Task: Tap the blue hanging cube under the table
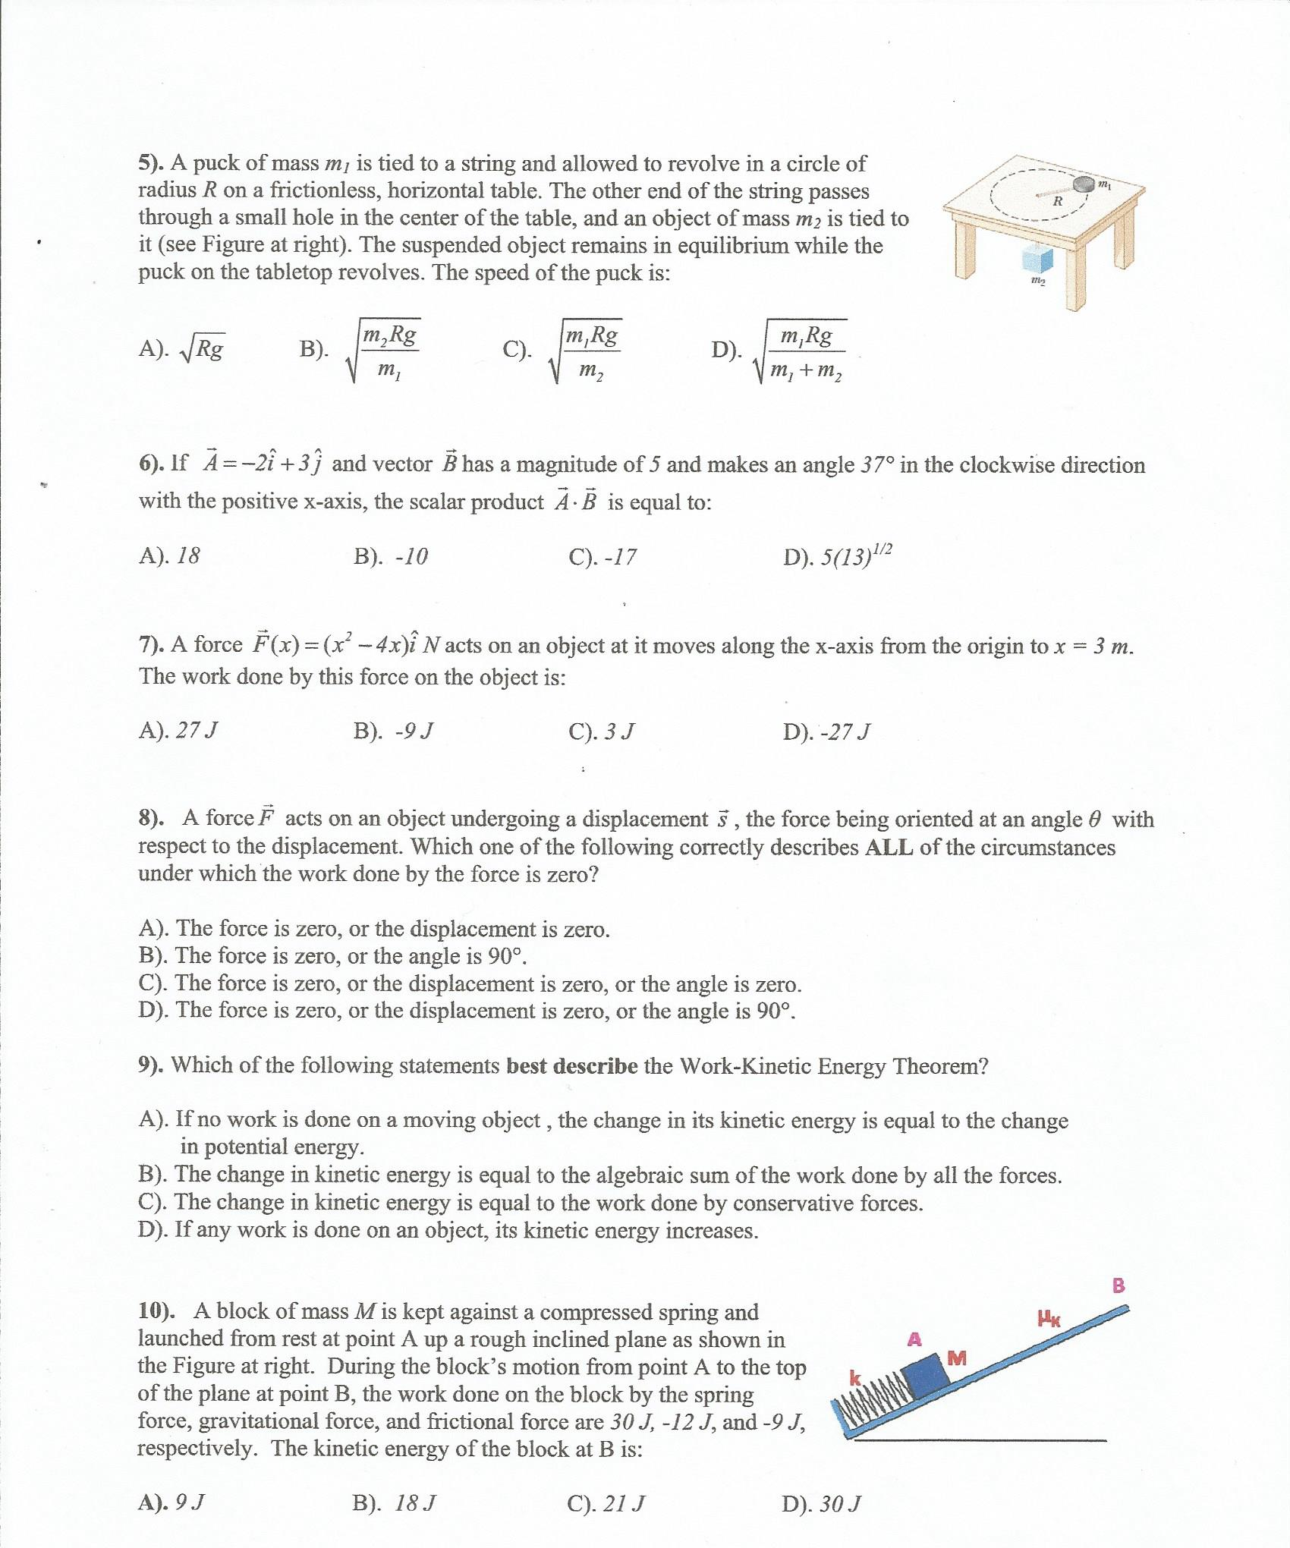pos(1037,260)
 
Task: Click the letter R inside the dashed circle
pos(1057,201)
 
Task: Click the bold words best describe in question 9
pos(571,1065)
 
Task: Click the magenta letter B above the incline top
pos(1119,1285)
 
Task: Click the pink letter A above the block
pos(915,1339)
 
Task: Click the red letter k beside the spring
pos(855,1377)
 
